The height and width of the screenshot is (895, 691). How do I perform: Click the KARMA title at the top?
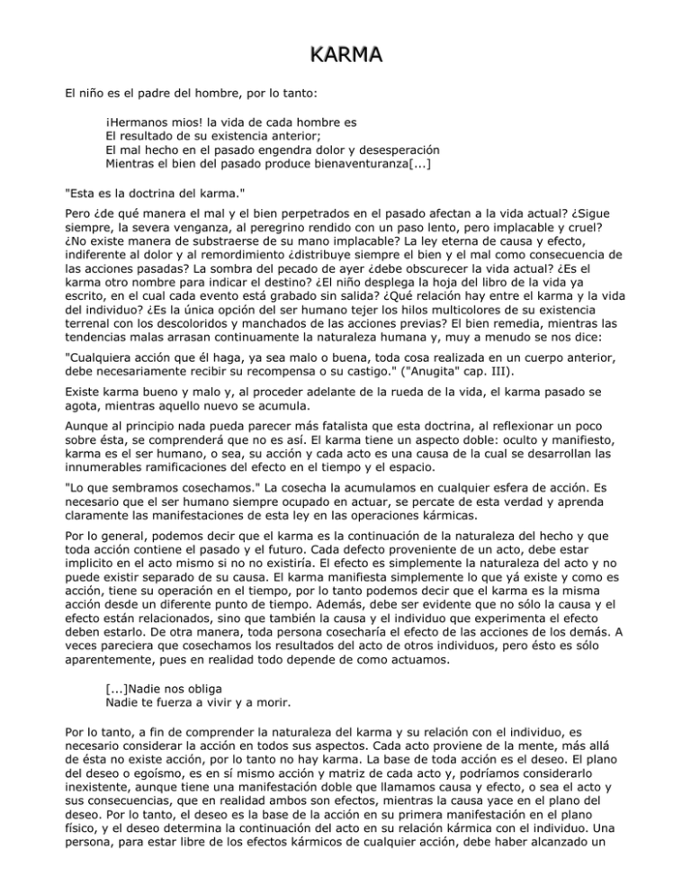tap(345, 55)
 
